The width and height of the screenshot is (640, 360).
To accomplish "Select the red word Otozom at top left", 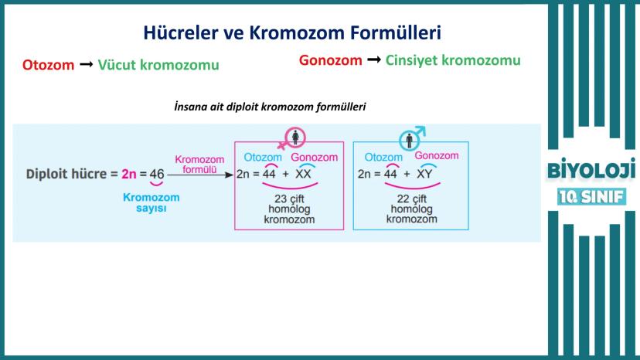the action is (48, 65).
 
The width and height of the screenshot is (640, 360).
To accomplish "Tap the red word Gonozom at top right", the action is (331, 60).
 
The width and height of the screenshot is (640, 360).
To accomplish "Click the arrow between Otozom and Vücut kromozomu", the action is (86, 64).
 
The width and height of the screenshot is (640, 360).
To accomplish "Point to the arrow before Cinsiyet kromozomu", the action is (374, 60).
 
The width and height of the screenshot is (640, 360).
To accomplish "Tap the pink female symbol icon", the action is (293, 138).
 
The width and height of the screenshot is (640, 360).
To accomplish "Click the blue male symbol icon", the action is (412, 138).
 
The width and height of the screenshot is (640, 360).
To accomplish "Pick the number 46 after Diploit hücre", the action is (157, 175).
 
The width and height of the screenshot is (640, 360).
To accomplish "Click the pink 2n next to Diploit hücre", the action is (128, 175).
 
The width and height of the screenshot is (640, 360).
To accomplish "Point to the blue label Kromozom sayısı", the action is (151, 203).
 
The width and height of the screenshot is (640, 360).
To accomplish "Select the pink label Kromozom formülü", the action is (199, 165).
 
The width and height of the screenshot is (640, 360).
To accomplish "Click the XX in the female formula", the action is (303, 175).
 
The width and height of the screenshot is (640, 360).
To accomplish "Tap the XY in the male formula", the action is (424, 175).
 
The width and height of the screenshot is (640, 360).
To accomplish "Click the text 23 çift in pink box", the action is (289, 199).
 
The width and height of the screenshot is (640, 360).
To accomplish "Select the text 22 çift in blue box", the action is (411, 199).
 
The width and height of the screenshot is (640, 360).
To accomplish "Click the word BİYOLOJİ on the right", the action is (591, 169).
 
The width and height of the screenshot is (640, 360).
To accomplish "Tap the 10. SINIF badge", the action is (591, 197).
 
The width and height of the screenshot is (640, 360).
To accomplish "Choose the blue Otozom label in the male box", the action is (383, 157).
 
